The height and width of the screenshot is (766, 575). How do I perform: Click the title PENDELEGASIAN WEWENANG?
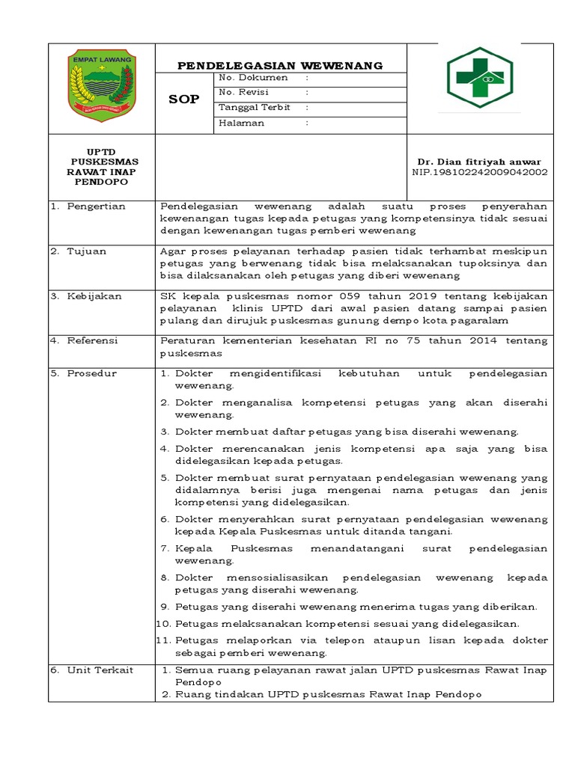280,66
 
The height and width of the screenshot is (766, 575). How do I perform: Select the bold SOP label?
183,99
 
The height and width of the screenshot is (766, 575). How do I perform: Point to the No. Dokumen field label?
252,77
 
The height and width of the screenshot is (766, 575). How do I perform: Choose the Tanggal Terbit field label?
253,107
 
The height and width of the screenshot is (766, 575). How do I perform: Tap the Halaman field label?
241,123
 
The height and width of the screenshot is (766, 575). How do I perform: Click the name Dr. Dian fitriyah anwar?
479,162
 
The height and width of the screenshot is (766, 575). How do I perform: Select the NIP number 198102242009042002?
480,172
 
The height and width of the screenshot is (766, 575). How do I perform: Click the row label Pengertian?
96,206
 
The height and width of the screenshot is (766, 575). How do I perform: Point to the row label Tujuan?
87,251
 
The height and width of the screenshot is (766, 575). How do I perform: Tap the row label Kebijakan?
94,296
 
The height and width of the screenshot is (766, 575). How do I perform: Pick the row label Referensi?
93,340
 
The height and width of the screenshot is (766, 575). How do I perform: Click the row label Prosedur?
91,373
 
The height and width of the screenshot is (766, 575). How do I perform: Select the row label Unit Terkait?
100,670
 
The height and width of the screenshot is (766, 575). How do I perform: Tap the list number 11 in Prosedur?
163,640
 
